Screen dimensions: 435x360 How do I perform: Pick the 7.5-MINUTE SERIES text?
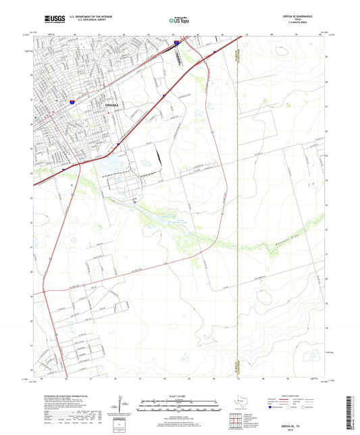click(x=301, y=26)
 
